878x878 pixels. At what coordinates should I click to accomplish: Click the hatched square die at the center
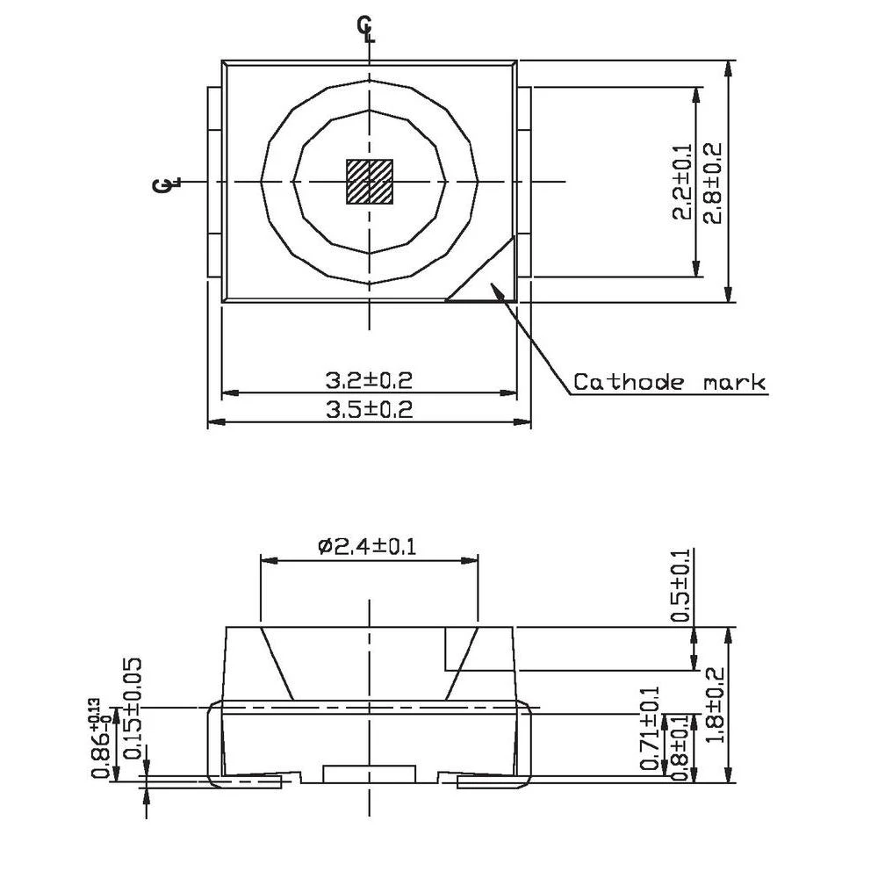coord(369,182)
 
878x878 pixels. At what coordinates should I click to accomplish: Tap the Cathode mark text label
coord(669,383)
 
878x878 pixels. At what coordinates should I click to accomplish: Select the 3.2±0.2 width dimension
coord(369,381)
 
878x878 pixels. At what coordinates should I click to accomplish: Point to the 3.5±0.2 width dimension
coord(369,409)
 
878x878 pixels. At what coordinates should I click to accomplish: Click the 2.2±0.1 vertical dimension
coord(681,183)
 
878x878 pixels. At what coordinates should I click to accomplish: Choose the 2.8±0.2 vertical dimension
coord(712,183)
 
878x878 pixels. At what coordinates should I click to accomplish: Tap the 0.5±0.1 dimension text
coord(681,586)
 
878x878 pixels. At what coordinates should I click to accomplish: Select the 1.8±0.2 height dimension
coord(712,702)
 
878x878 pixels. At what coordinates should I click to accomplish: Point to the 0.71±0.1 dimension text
coord(651,729)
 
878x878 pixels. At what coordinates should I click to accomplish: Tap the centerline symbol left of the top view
coord(166,184)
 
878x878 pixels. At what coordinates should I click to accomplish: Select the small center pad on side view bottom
coord(369,774)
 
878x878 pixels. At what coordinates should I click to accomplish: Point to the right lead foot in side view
coord(492,780)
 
